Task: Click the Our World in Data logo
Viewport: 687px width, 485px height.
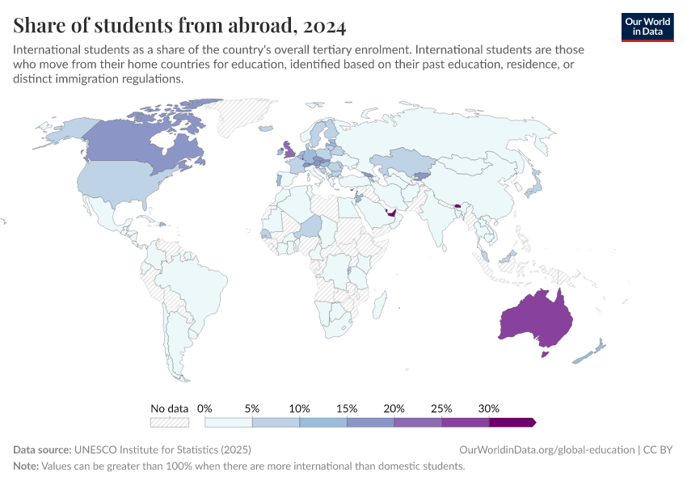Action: tap(647, 27)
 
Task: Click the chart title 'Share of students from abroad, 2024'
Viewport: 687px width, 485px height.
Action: tap(179, 27)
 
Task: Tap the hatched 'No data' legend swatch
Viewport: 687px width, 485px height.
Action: tap(169, 422)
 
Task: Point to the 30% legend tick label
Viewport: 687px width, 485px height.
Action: tap(489, 408)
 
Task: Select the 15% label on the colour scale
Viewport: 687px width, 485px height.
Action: tap(347, 408)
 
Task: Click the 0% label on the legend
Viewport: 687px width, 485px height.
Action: tap(204, 408)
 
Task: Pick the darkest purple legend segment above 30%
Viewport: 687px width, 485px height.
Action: tap(512, 422)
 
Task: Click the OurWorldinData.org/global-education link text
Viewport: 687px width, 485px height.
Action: tap(546, 449)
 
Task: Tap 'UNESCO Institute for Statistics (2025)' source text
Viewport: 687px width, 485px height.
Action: tap(162, 449)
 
